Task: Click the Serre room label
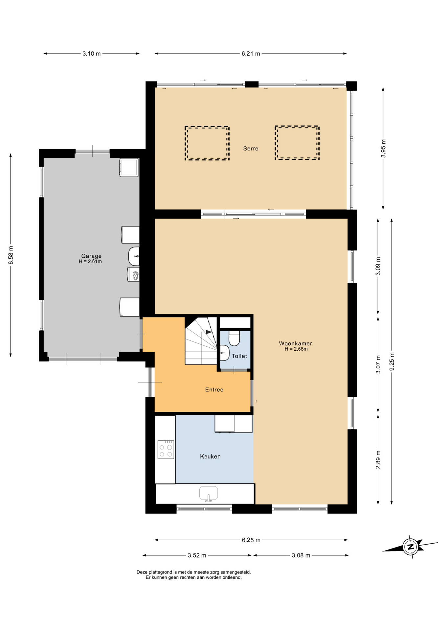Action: click(x=251, y=149)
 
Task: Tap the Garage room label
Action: click(x=91, y=256)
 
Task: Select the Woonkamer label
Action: click(x=295, y=343)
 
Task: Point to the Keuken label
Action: click(x=210, y=456)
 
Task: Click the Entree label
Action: click(x=214, y=390)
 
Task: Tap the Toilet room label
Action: click(x=239, y=356)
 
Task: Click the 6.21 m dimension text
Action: click(x=251, y=54)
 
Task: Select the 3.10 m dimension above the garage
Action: click(x=92, y=54)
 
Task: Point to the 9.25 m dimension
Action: click(x=392, y=362)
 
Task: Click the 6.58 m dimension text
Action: click(x=11, y=255)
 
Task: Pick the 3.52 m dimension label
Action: click(x=197, y=555)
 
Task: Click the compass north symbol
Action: click(x=410, y=547)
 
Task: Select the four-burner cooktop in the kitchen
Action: click(x=166, y=450)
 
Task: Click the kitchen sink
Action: click(x=209, y=494)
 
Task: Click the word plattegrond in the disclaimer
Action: click(x=160, y=572)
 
